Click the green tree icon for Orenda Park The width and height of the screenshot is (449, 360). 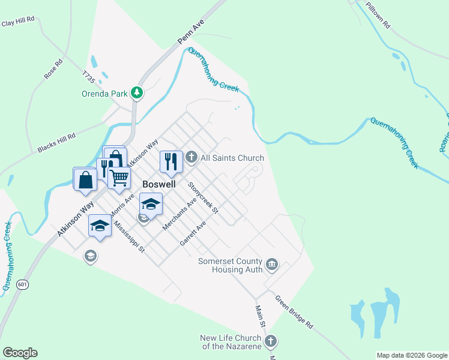(x=137, y=93)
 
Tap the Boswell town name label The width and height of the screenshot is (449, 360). (x=158, y=184)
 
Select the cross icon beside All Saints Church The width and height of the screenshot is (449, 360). (x=191, y=158)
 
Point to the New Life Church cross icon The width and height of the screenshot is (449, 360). (x=271, y=341)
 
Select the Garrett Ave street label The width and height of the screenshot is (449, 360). (x=193, y=233)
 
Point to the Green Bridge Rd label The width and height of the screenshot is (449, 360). (x=294, y=311)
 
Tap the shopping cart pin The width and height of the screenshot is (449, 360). (x=119, y=177)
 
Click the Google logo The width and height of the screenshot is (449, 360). (x=20, y=353)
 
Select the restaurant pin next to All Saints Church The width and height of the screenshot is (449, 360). (x=170, y=160)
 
